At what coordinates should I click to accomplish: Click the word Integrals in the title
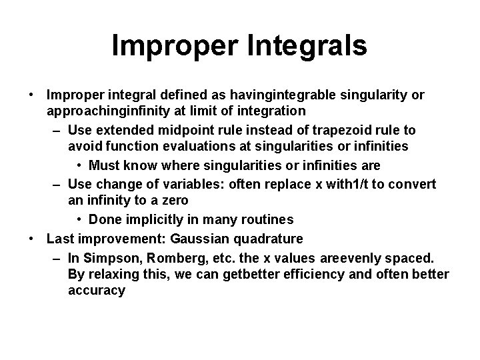click(x=311, y=46)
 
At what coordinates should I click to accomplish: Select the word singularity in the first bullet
click(x=368, y=95)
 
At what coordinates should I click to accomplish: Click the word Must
click(x=105, y=164)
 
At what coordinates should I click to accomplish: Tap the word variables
click(x=180, y=184)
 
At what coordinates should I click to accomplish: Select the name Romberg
click(x=172, y=257)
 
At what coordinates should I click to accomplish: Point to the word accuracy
click(x=96, y=291)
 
